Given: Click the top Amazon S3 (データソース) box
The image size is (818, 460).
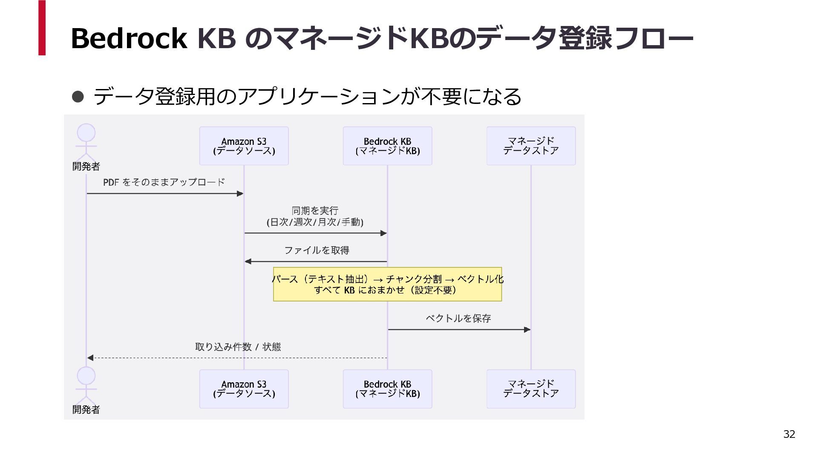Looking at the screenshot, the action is [244, 146].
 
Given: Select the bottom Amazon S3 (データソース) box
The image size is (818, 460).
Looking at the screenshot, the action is [244, 389].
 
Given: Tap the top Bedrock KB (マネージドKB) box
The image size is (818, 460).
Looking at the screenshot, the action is [387, 146].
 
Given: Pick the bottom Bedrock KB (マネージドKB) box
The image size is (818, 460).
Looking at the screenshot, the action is [387, 389].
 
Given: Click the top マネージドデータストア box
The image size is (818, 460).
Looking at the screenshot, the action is [531, 146].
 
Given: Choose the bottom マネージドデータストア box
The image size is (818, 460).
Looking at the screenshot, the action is [531, 389].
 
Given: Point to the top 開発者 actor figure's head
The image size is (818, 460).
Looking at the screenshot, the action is [86, 132].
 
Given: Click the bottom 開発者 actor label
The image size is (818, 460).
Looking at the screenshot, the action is [86, 409].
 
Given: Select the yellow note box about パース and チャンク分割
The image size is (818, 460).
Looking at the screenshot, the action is [387, 284].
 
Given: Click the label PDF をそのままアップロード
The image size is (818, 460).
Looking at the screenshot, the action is [164, 182].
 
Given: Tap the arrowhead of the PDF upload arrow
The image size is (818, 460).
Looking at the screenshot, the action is [240, 194].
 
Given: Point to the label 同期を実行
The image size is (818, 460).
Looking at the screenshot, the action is [315, 210].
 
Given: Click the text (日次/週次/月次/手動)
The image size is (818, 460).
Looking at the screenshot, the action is [315, 222].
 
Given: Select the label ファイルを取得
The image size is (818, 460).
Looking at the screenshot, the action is [317, 250].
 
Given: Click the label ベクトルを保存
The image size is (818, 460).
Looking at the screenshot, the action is [458, 318].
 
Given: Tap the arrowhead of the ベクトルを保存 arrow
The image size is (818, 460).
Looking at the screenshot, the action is [527, 330].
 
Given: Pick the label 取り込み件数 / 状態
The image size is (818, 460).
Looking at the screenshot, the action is [238, 347].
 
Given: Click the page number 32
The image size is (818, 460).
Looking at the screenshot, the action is [789, 434].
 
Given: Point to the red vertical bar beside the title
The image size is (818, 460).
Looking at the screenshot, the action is [42, 28].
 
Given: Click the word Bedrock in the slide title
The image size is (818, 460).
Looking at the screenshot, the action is [129, 38].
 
